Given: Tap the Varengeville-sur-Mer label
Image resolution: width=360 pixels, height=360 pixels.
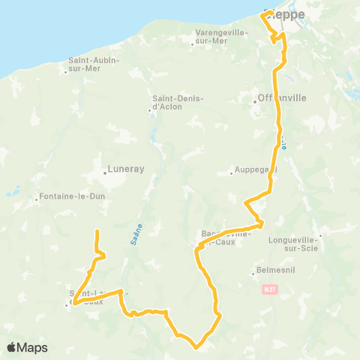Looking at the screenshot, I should [x=220, y=37].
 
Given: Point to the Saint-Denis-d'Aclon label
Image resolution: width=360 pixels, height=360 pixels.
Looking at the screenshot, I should [x=175, y=103].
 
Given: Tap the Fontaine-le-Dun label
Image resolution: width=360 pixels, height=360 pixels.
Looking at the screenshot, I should [x=67, y=199].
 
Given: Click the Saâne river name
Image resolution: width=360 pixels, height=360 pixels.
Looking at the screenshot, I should [x=139, y=224].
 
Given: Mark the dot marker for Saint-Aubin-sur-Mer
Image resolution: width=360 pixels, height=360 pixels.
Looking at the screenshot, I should [x=65, y=72].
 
